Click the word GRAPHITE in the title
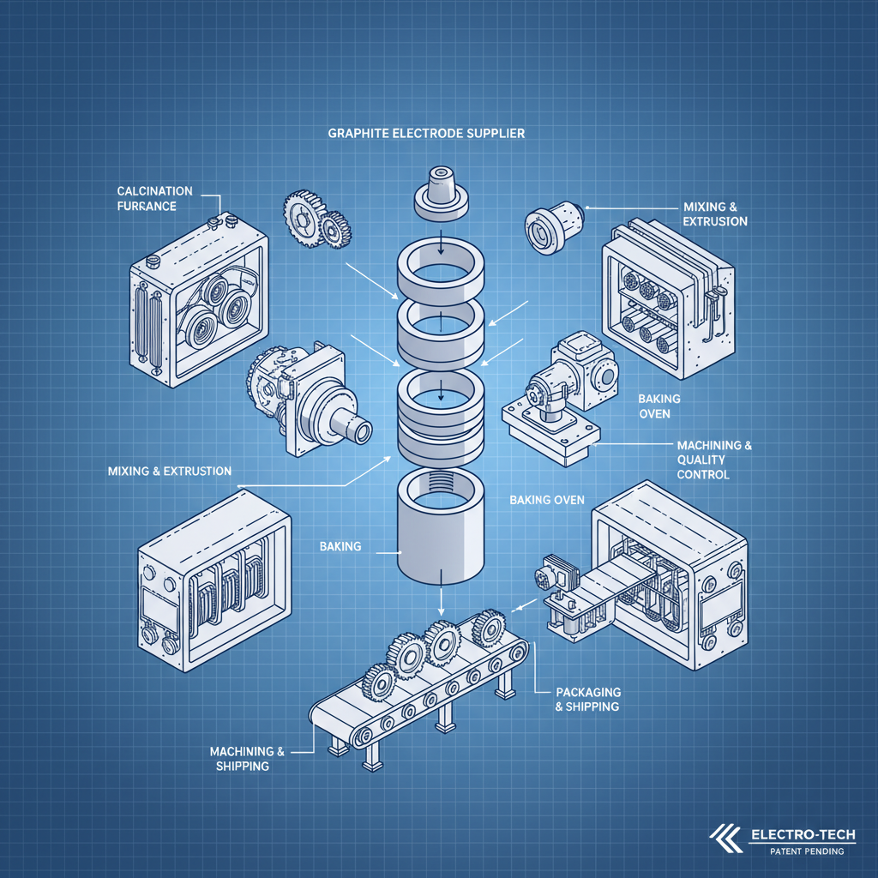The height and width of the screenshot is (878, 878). coord(355,134)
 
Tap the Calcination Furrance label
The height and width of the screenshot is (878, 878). coord(154,198)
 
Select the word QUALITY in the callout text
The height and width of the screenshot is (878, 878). coord(702,460)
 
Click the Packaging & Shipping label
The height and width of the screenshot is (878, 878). coord(587,699)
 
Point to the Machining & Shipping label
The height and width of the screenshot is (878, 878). coord(247,758)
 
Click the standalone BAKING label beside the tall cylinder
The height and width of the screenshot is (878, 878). coord(340,546)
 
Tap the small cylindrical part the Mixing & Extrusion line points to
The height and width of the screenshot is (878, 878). coord(553,223)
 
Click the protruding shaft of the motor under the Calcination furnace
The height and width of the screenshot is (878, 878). coord(352,426)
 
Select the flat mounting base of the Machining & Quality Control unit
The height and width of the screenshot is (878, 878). coord(549,437)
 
